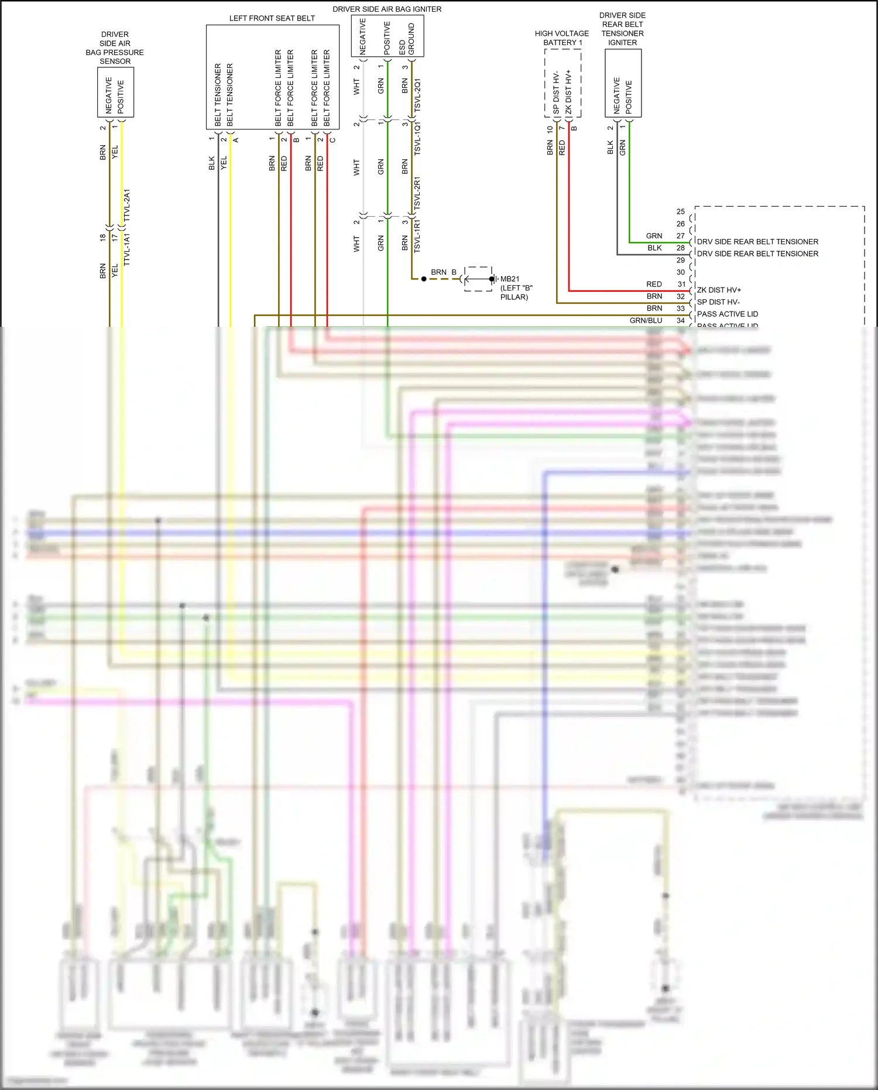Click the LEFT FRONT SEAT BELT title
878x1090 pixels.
click(x=272, y=18)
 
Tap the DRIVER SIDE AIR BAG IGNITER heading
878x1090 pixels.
click(x=387, y=9)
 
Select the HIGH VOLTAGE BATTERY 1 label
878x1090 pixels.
click(x=561, y=38)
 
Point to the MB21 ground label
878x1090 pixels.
click(x=510, y=279)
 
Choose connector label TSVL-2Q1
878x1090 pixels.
click(x=417, y=96)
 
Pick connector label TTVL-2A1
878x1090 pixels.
click(x=126, y=206)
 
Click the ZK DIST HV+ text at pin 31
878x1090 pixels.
click(x=719, y=290)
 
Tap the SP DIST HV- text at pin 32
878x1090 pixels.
click(x=718, y=302)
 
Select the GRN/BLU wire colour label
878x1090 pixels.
click(x=646, y=320)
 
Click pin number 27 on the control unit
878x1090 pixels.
click(x=680, y=236)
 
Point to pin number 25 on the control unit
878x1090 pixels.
click(x=680, y=211)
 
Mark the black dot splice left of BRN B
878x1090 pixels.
click(x=424, y=279)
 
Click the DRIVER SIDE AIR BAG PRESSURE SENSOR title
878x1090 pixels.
click(x=115, y=48)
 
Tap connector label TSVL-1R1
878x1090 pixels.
click(x=417, y=236)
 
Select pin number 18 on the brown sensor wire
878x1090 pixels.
click(x=102, y=237)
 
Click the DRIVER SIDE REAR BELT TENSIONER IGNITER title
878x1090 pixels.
click(x=622, y=29)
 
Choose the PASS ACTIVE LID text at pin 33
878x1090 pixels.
click(x=727, y=314)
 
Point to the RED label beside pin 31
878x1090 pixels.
click(x=654, y=284)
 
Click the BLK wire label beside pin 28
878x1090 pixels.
click(x=654, y=248)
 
